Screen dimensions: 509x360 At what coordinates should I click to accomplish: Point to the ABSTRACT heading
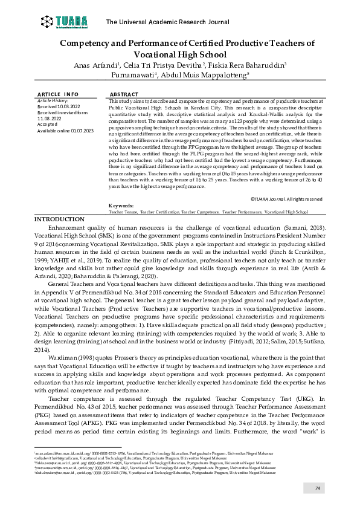click(x=124, y=94)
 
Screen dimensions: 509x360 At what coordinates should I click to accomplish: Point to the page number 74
click(x=317, y=488)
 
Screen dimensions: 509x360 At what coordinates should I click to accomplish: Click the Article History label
click(x=53, y=101)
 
